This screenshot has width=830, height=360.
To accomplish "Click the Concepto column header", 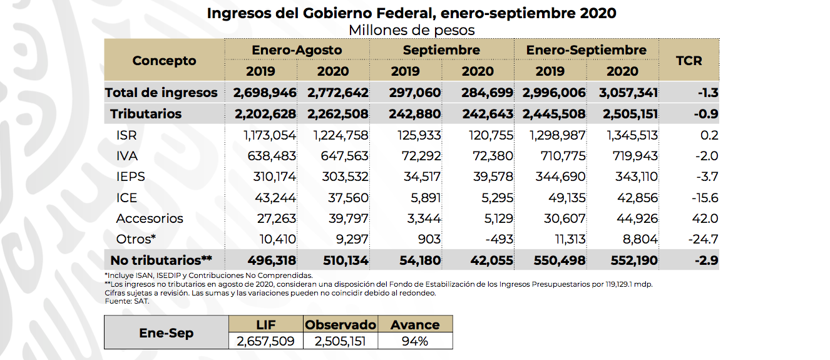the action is pyautogui.click(x=164, y=61).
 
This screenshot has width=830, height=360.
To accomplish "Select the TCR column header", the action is pyautogui.click(x=689, y=61).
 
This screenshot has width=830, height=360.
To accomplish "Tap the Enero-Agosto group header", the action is pyautogui.click(x=297, y=49).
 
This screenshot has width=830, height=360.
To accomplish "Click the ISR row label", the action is pyautogui.click(x=126, y=135).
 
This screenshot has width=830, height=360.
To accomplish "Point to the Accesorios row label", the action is pyautogui.click(x=150, y=219).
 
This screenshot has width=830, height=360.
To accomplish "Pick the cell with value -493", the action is pyautogui.click(x=499, y=239).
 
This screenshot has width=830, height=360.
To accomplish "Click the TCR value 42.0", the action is pyautogui.click(x=705, y=219).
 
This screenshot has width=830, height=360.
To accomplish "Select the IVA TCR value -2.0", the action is pyautogui.click(x=707, y=156).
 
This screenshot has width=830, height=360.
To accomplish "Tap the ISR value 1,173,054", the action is pyautogui.click(x=269, y=135).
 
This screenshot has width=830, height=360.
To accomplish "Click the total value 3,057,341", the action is pyautogui.click(x=628, y=93).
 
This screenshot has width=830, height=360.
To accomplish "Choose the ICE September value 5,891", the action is pyautogui.click(x=426, y=198).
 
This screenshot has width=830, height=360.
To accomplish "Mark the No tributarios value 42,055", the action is pyautogui.click(x=492, y=260).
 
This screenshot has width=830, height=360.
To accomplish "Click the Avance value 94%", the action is pyautogui.click(x=415, y=341).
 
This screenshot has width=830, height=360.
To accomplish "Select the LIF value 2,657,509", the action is pyautogui.click(x=265, y=341).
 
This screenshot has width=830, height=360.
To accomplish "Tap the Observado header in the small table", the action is pyautogui.click(x=341, y=324).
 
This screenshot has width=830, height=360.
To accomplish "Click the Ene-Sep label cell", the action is pyautogui.click(x=167, y=332).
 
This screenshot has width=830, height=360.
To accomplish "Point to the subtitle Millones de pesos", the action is pyautogui.click(x=412, y=30).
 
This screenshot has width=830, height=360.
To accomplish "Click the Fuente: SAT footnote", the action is pyautogui.click(x=127, y=301).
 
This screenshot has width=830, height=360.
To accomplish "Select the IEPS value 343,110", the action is pyautogui.click(x=637, y=177).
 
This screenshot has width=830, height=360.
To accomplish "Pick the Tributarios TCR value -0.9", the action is pyautogui.click(x=706, y=114).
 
